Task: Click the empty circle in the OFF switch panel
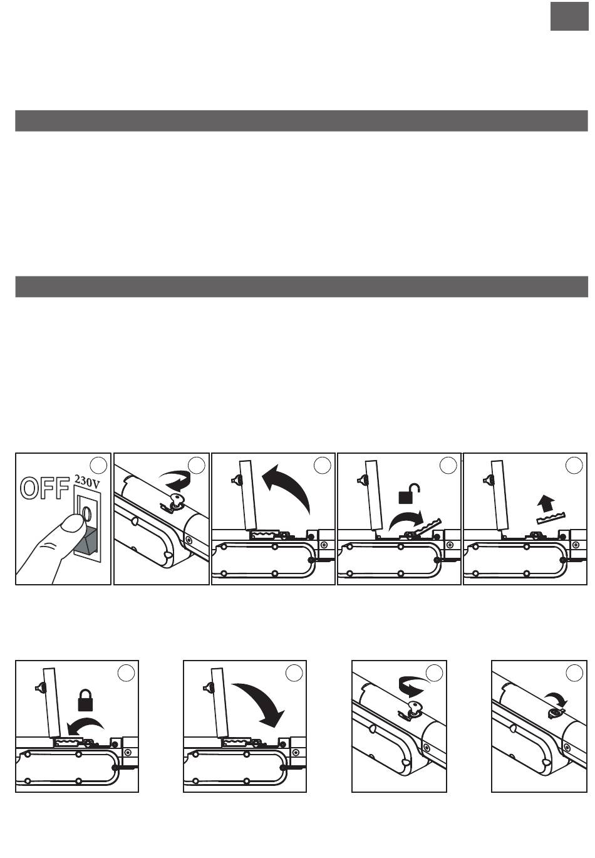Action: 98,465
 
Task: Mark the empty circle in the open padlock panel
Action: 448,465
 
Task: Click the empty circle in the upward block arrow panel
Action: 574,465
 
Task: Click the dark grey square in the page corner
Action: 569,16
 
